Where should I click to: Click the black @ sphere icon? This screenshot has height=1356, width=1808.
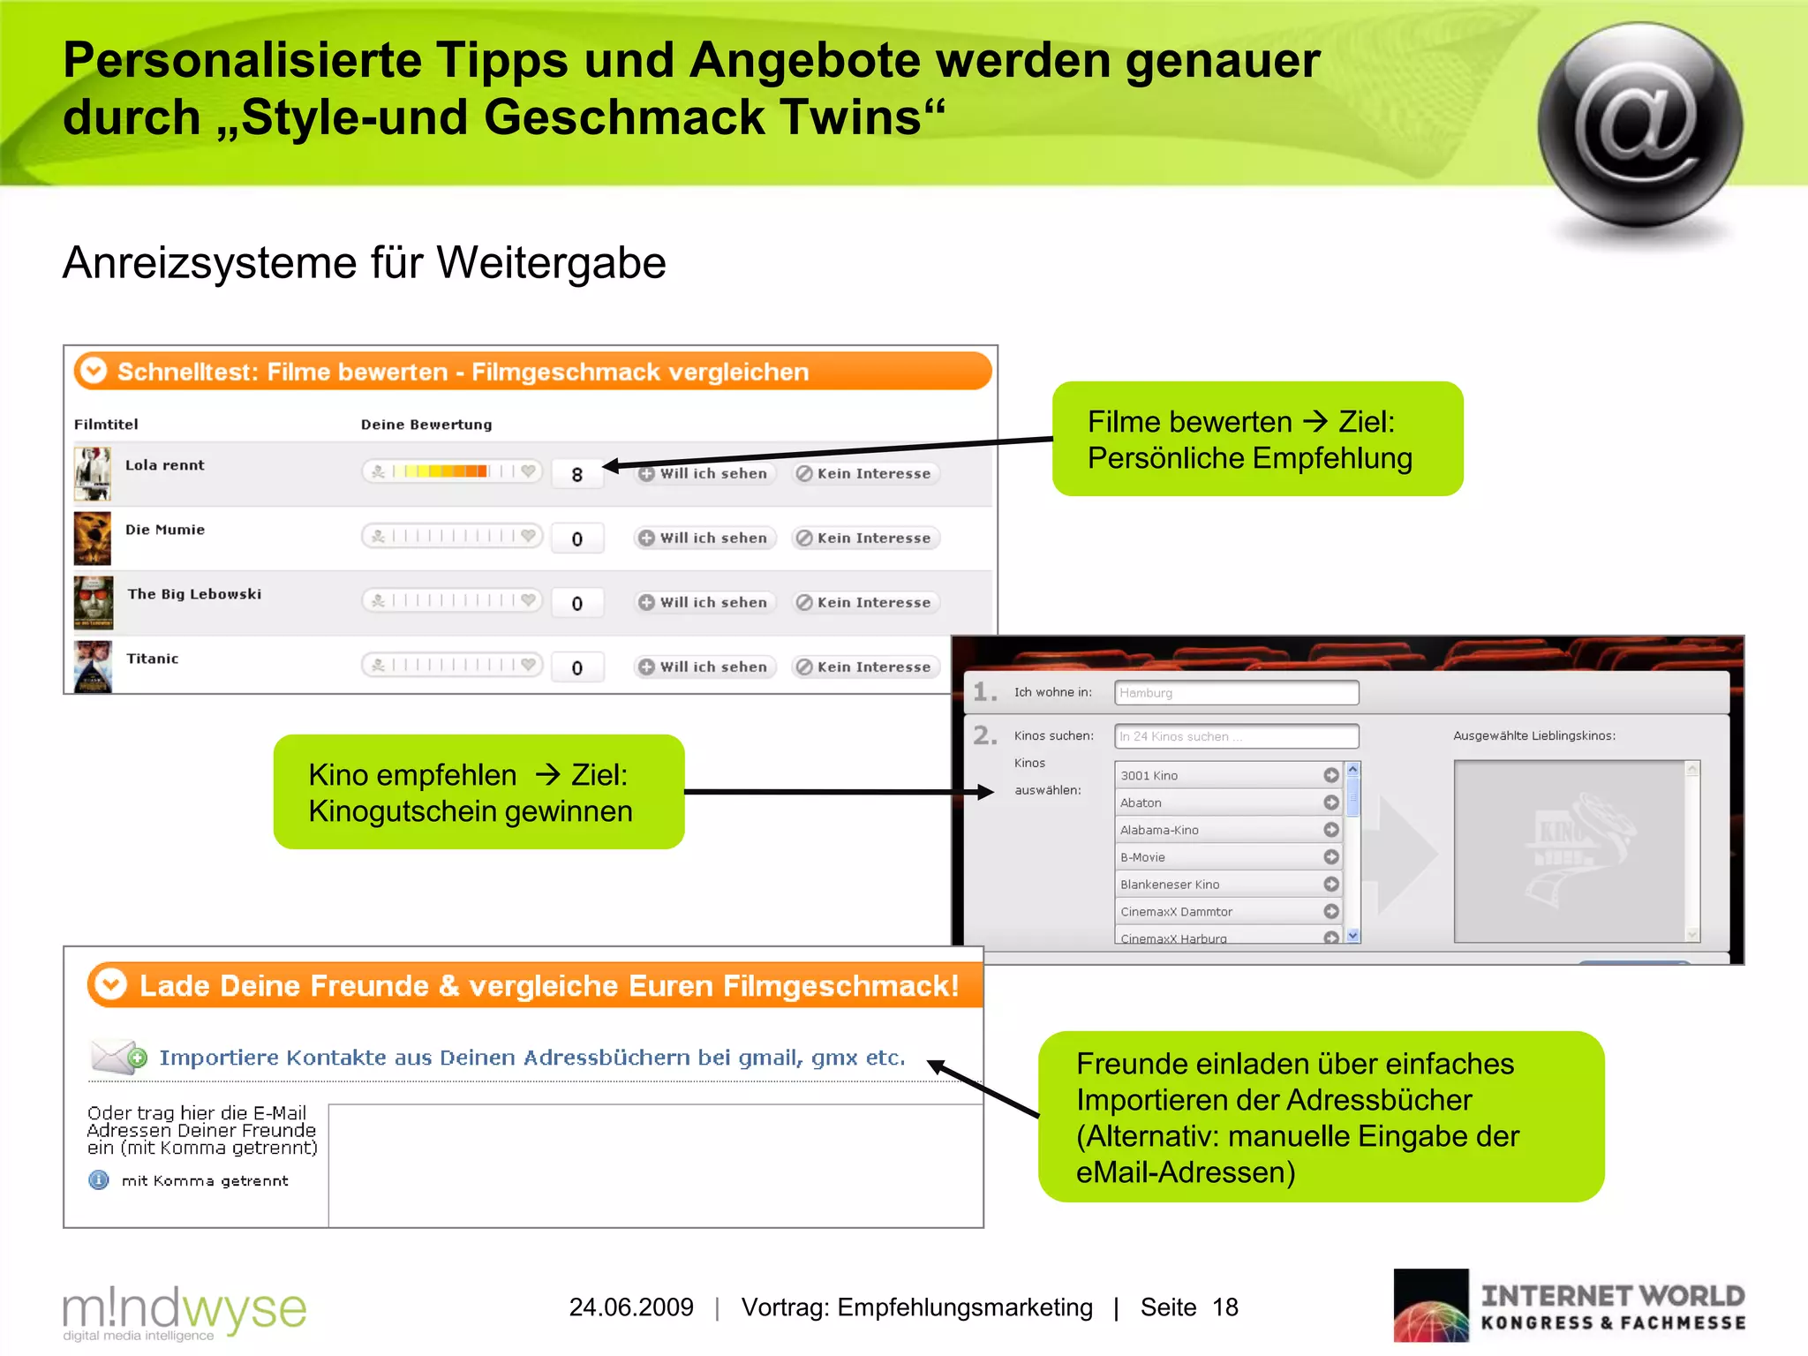[1639, 126]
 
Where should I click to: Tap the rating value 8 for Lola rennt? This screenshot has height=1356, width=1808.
[577, 474]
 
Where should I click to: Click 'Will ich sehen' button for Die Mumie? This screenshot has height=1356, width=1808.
[704, 538]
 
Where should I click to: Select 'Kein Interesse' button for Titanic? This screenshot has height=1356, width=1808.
[865, 667]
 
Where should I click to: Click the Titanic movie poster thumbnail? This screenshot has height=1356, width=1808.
[93, 667]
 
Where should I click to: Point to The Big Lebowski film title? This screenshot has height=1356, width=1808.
[194, 594]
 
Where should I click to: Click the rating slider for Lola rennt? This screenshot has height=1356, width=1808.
[452, 471]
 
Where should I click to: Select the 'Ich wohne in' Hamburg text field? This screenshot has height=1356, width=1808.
[1236, 693]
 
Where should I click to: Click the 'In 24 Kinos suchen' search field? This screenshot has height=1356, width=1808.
[1236, 736]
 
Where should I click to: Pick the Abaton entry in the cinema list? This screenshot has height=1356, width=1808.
[1218, 802]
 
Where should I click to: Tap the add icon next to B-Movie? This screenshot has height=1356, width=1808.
[1331, 857]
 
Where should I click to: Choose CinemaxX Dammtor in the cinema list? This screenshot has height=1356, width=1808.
[1218, 911]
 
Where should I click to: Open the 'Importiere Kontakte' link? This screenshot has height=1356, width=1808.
[532, 1058]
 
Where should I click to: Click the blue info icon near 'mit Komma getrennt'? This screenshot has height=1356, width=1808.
[99, 1180]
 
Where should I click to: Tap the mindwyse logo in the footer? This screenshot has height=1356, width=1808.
[184, 1311]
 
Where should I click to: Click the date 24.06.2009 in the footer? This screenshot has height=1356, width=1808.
[631, 1307]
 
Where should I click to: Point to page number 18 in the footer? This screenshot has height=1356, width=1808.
[1225, 1307]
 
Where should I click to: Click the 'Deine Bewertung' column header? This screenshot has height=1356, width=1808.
[426, 425]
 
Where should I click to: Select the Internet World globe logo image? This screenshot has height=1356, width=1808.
[1431, 1306]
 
